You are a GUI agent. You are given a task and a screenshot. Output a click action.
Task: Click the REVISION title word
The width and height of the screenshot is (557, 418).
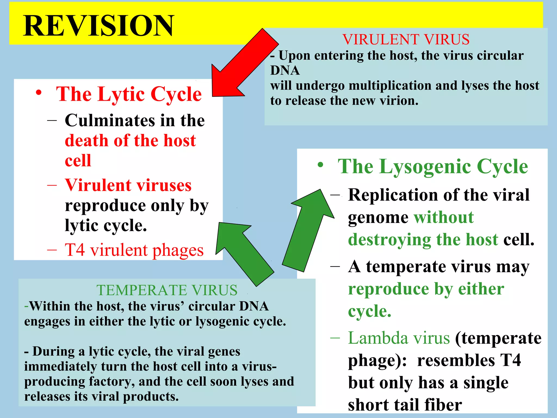click(x=98, y=26)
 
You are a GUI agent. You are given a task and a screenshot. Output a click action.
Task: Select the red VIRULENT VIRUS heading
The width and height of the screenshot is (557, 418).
click(x=406, y=39)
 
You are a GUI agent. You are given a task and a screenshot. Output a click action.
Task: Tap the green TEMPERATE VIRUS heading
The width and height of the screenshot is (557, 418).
click(x=167, y=290)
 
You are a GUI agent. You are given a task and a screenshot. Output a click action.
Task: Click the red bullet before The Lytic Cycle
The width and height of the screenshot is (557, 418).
click(x=39, y=93)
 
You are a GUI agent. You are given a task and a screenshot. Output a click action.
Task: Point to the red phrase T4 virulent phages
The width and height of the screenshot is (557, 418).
click(x=134, y=250)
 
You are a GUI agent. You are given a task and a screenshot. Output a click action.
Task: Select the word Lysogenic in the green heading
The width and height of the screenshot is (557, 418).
click(x=425, y=167)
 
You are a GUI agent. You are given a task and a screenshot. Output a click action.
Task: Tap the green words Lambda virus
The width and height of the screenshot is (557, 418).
click(x=399, y=338)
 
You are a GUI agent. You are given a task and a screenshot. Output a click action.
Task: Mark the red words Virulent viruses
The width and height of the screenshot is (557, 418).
click(x=128, y=185)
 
